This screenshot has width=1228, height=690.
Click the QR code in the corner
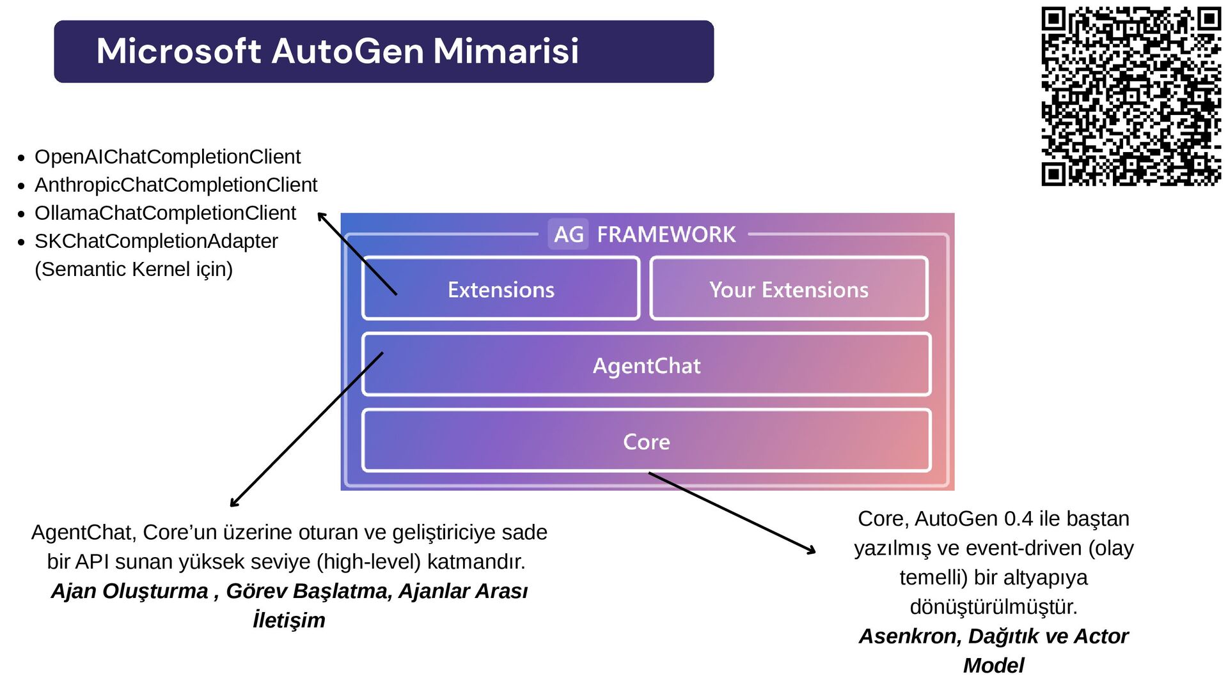[x=1131, y=96]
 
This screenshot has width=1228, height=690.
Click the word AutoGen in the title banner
[x=347, y=51]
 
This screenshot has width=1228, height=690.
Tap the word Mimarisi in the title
[x=506, y=51]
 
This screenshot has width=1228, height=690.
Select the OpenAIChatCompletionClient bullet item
[x=168, y=157]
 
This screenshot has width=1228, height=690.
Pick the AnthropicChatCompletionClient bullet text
[x=176, y=185]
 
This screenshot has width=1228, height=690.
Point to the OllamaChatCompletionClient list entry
[x=165, y=213]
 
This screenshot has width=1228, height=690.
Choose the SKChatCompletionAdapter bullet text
[x=156, y=241]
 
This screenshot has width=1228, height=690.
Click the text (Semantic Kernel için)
[x=134, y=269]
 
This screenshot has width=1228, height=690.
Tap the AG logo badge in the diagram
[x=568, y=234]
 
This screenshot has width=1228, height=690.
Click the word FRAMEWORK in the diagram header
[x=666, y=234]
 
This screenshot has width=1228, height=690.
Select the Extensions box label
[x=501, y=289]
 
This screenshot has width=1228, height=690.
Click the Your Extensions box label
[x=789, y=289]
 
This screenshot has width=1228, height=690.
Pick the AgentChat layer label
[x=647, y=365]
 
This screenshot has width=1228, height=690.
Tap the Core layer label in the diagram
[x=647, y=441]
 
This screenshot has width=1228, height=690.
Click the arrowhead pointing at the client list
[x=322, y=216]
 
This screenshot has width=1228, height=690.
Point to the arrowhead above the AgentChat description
[x=234, y=503]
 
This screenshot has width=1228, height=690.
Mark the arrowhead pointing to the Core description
[x=812, y=551]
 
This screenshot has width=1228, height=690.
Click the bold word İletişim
[x=289, y=620]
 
